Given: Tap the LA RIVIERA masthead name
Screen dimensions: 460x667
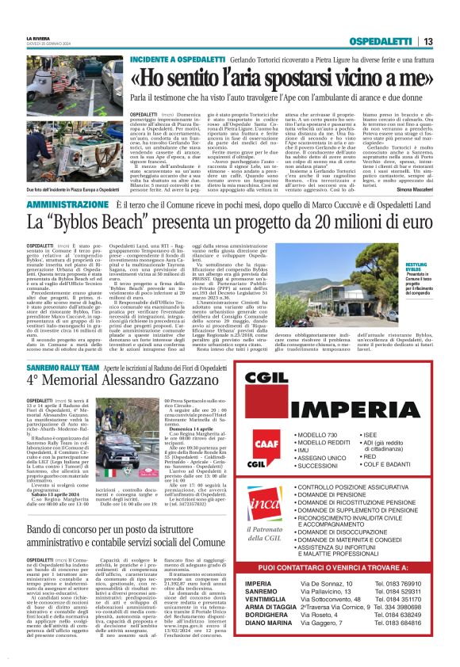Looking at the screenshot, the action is click(38, 38).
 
